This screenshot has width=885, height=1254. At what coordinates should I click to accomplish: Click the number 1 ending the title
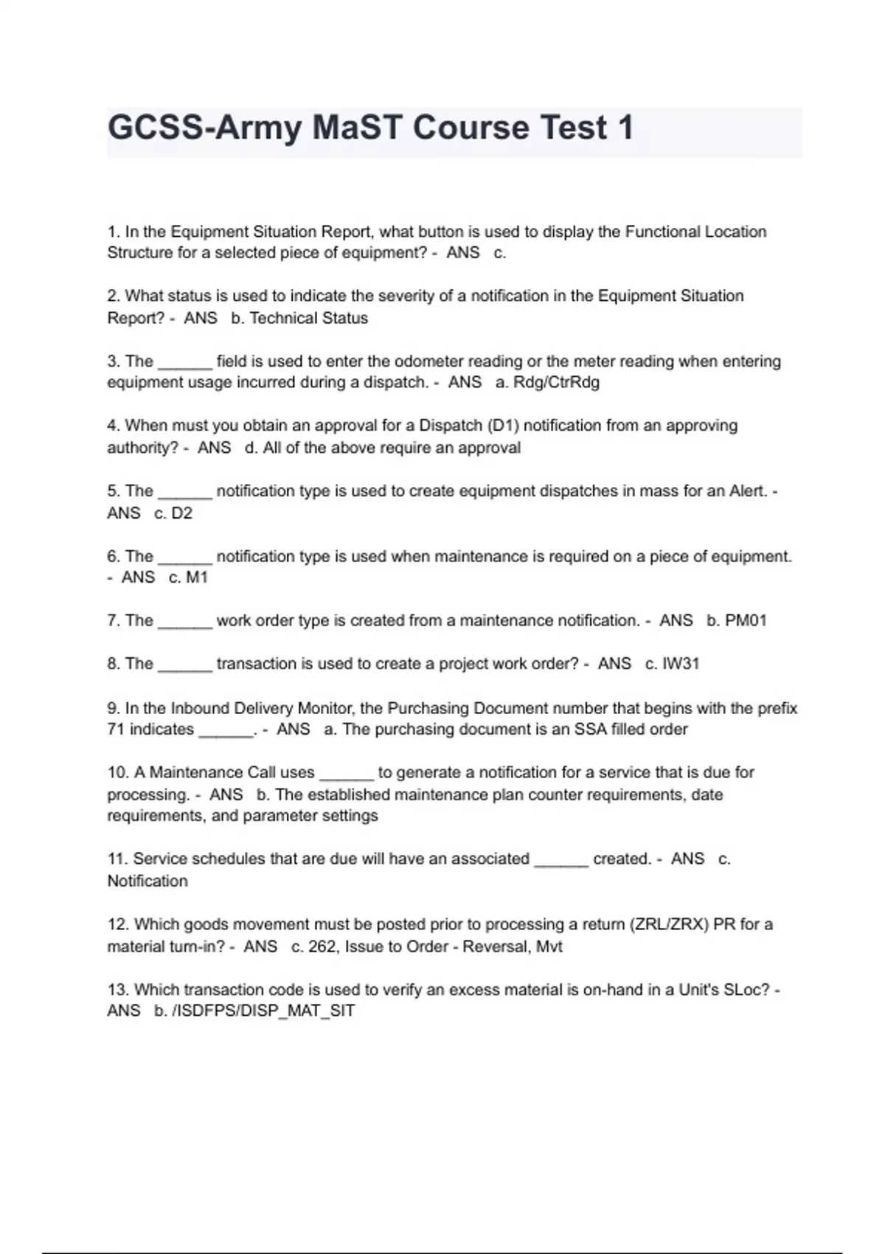625,128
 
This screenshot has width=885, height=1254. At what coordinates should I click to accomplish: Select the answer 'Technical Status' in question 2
308,318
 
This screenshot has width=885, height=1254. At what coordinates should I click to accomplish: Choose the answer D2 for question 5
181,513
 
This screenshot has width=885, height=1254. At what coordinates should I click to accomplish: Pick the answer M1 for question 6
196,577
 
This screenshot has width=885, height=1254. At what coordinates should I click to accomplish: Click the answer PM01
746,620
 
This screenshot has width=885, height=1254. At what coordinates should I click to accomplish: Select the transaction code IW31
680,663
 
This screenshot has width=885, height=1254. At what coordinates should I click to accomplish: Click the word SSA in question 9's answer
591,729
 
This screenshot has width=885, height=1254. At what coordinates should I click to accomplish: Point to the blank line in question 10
346,774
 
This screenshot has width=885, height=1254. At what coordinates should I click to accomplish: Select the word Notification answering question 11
147,881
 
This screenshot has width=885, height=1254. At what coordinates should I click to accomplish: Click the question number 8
112,663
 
